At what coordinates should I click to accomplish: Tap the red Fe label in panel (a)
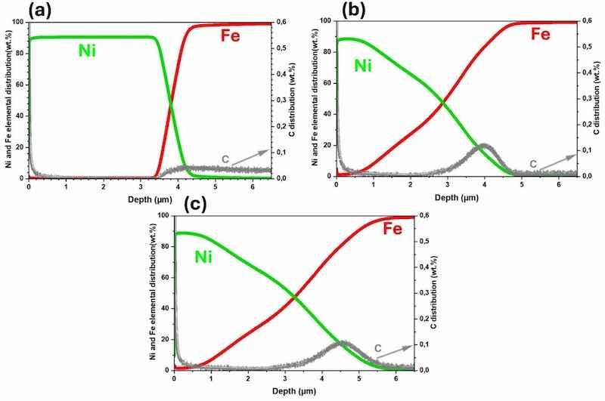(230, 35)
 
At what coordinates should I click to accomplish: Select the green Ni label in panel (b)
(364, 66)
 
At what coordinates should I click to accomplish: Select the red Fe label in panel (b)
(540, 34)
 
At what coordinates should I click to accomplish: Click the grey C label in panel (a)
(225, 159)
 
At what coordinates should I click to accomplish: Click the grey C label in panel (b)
(532, 163)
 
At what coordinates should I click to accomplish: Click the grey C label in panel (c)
(377, 347)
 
